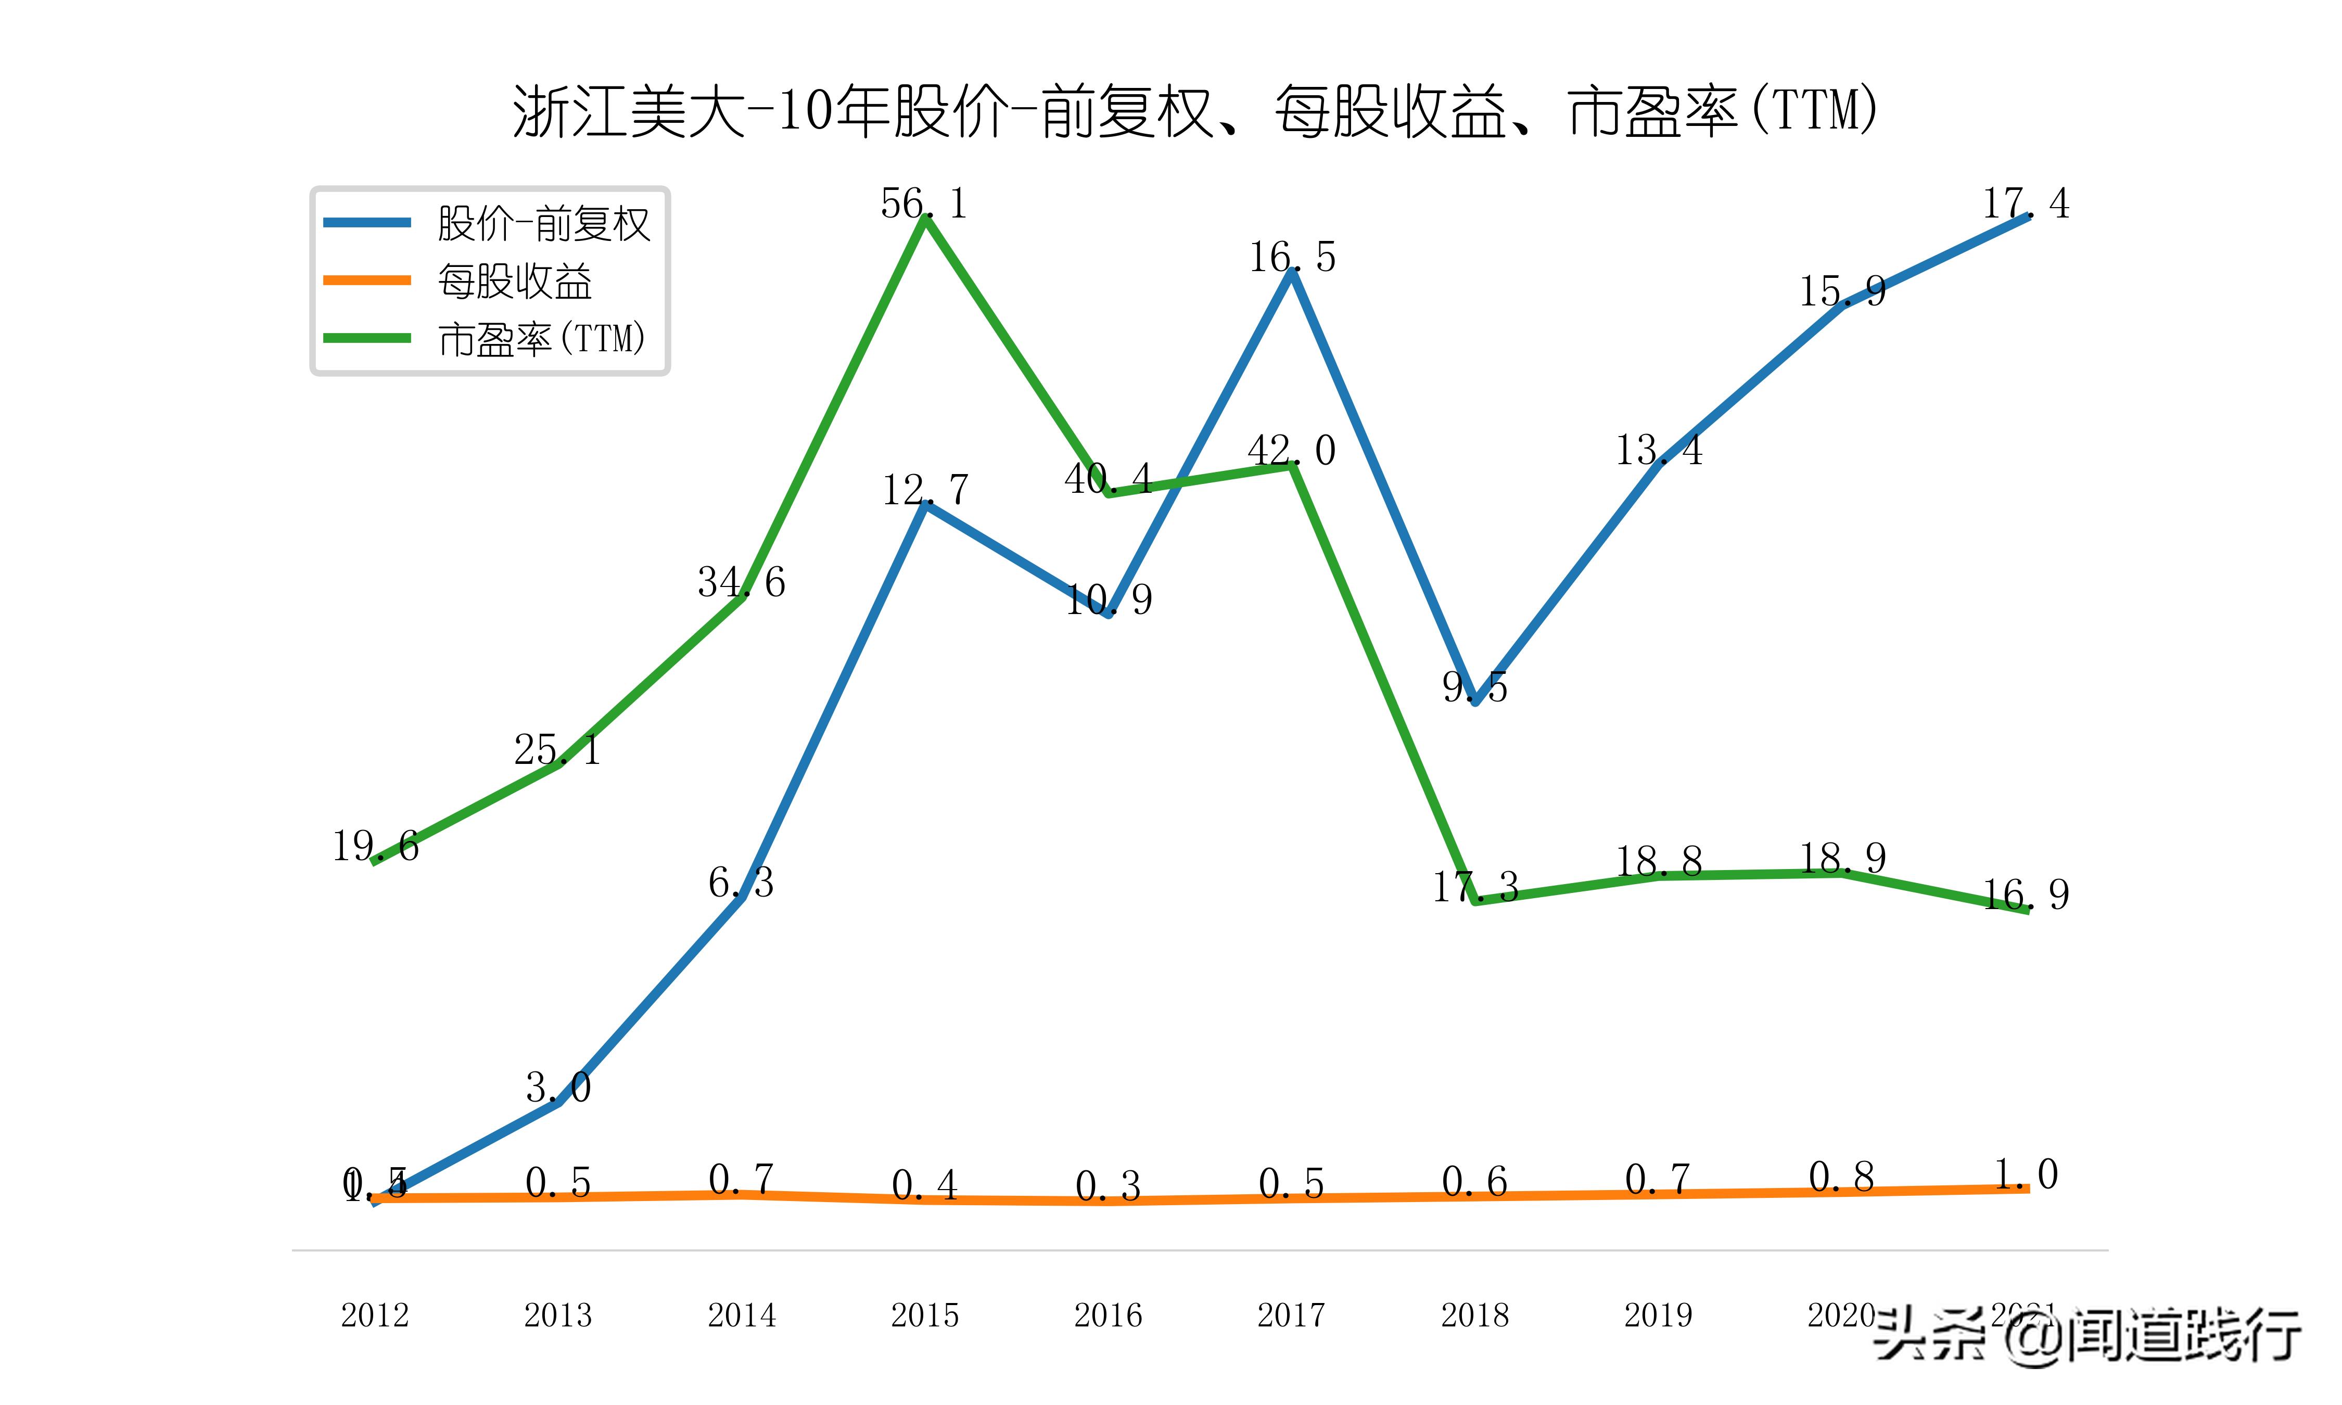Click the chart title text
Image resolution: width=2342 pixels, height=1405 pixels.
point(1194,112)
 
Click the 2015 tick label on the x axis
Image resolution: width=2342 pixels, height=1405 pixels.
point(925,1315)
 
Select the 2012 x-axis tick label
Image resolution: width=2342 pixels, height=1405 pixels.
point(375,1315)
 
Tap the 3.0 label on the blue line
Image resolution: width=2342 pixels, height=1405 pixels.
point(558,1088)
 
